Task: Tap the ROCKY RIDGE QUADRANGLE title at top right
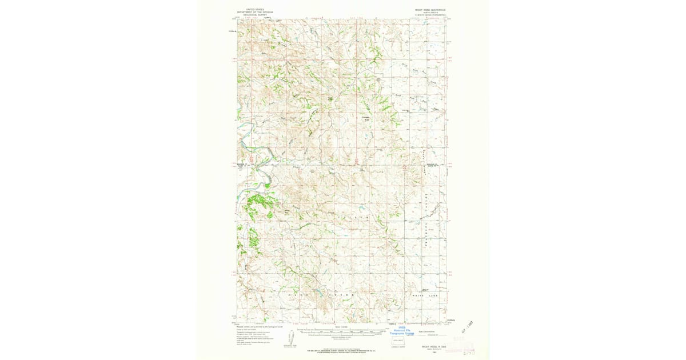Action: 429,10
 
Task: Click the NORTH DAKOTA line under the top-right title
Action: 429,13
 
